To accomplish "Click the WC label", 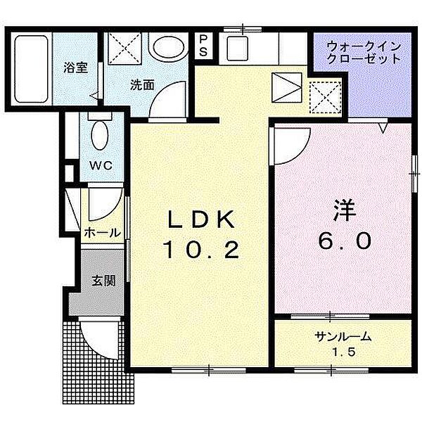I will click(97, 167).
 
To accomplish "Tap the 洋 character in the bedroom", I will click(343, 211).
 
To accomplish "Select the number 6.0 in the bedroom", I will click(343, 241).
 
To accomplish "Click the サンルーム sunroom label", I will click(343, 337).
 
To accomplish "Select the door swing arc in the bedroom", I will click(288, 144).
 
